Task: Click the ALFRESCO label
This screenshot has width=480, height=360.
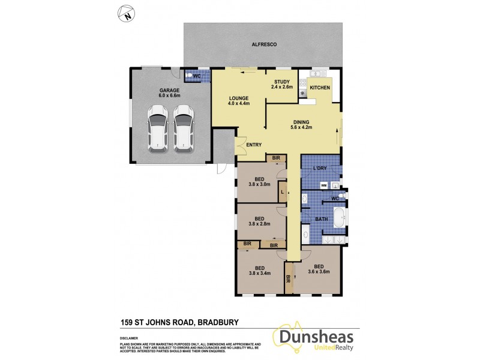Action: (x=264, y=45)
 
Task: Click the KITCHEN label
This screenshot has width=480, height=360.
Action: (x=320, y=88)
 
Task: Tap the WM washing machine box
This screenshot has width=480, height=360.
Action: (x=324, y=185)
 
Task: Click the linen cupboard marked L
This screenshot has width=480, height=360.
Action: (x=283, y=191)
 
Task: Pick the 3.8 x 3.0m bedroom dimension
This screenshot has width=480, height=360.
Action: (x=260, y=185)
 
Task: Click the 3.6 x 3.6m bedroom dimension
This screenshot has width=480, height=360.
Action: (x=318, y=272)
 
